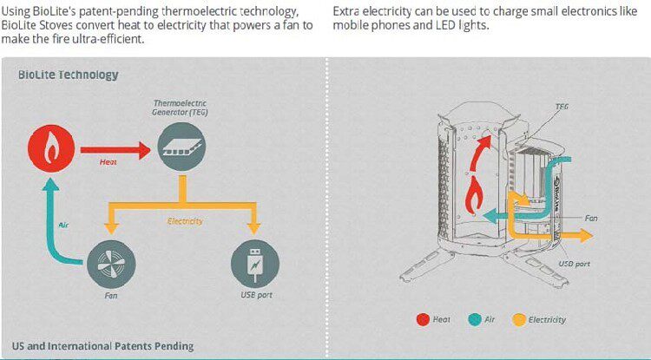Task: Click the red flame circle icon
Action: click(51, 149)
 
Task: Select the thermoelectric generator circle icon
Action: click(181, 147)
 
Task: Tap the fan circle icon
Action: click(111, 265)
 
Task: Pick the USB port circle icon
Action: click(255, 265)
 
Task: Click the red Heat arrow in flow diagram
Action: click(115, 150)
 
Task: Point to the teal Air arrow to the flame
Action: click(51, 232)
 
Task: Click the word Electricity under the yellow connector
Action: click(185, 221)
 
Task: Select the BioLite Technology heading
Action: click(68, 75)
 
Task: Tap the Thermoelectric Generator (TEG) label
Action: click(181, 107)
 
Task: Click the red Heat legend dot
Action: click(423, 320)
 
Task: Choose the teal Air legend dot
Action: click(474, 320)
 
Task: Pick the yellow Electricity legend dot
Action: click(519, 320)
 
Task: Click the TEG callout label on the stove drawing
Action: click(562, 107)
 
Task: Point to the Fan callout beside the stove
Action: click(591, 218)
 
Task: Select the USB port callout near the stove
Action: click(574, 264)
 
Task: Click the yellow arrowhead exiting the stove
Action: click(585, 236)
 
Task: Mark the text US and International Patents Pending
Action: click(102, 346)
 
